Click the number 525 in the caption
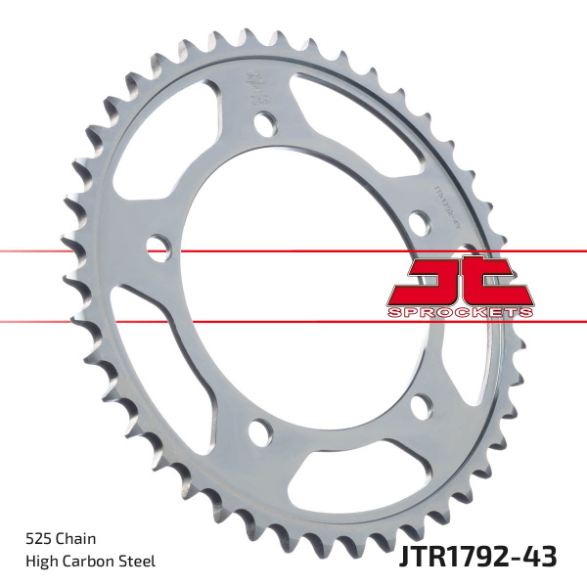pyautogui.click(x=38, y=538)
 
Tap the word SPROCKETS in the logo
pyautogui.click(x=460, y=311)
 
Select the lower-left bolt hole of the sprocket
pyautogui.click(x=260, y=429)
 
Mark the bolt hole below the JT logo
pyautogui.click(x=422, y=403)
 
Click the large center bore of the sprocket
pyautogui.click(x=293, y=284)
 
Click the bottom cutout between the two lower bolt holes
pyautogui.click(x=342, y=460)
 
